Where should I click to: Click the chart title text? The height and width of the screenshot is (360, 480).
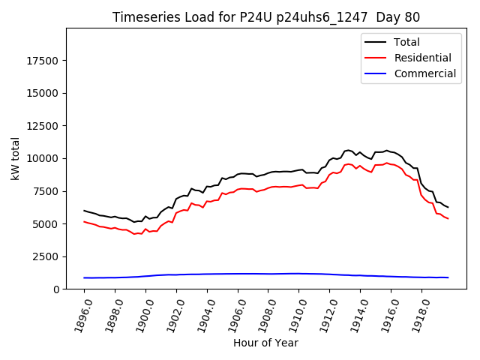[x=266, y=17]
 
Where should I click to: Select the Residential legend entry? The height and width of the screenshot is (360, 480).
[x=422, y=58]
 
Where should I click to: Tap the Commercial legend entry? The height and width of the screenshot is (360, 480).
[x=424, y=73]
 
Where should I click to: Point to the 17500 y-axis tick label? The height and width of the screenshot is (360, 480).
[x=43, y=61]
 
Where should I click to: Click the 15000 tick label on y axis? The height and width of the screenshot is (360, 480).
[x=43, y=93]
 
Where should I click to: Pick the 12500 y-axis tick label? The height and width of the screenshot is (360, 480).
[x=43, y=126]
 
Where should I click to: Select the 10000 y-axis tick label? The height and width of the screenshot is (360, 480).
[x=43, y=158]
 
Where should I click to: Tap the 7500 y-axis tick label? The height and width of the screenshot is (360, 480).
[x=46, y=191]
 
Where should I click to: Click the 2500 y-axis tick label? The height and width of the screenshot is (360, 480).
[x=46, y=256]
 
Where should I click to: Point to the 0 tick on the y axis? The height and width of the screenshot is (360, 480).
[x=56, y=289]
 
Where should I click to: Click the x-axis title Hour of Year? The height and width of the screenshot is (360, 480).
[x=266, y=343]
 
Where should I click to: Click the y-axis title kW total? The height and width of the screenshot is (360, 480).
[x=15, y=157]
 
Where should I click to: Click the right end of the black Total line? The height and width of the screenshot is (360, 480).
[x=448, y=207]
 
